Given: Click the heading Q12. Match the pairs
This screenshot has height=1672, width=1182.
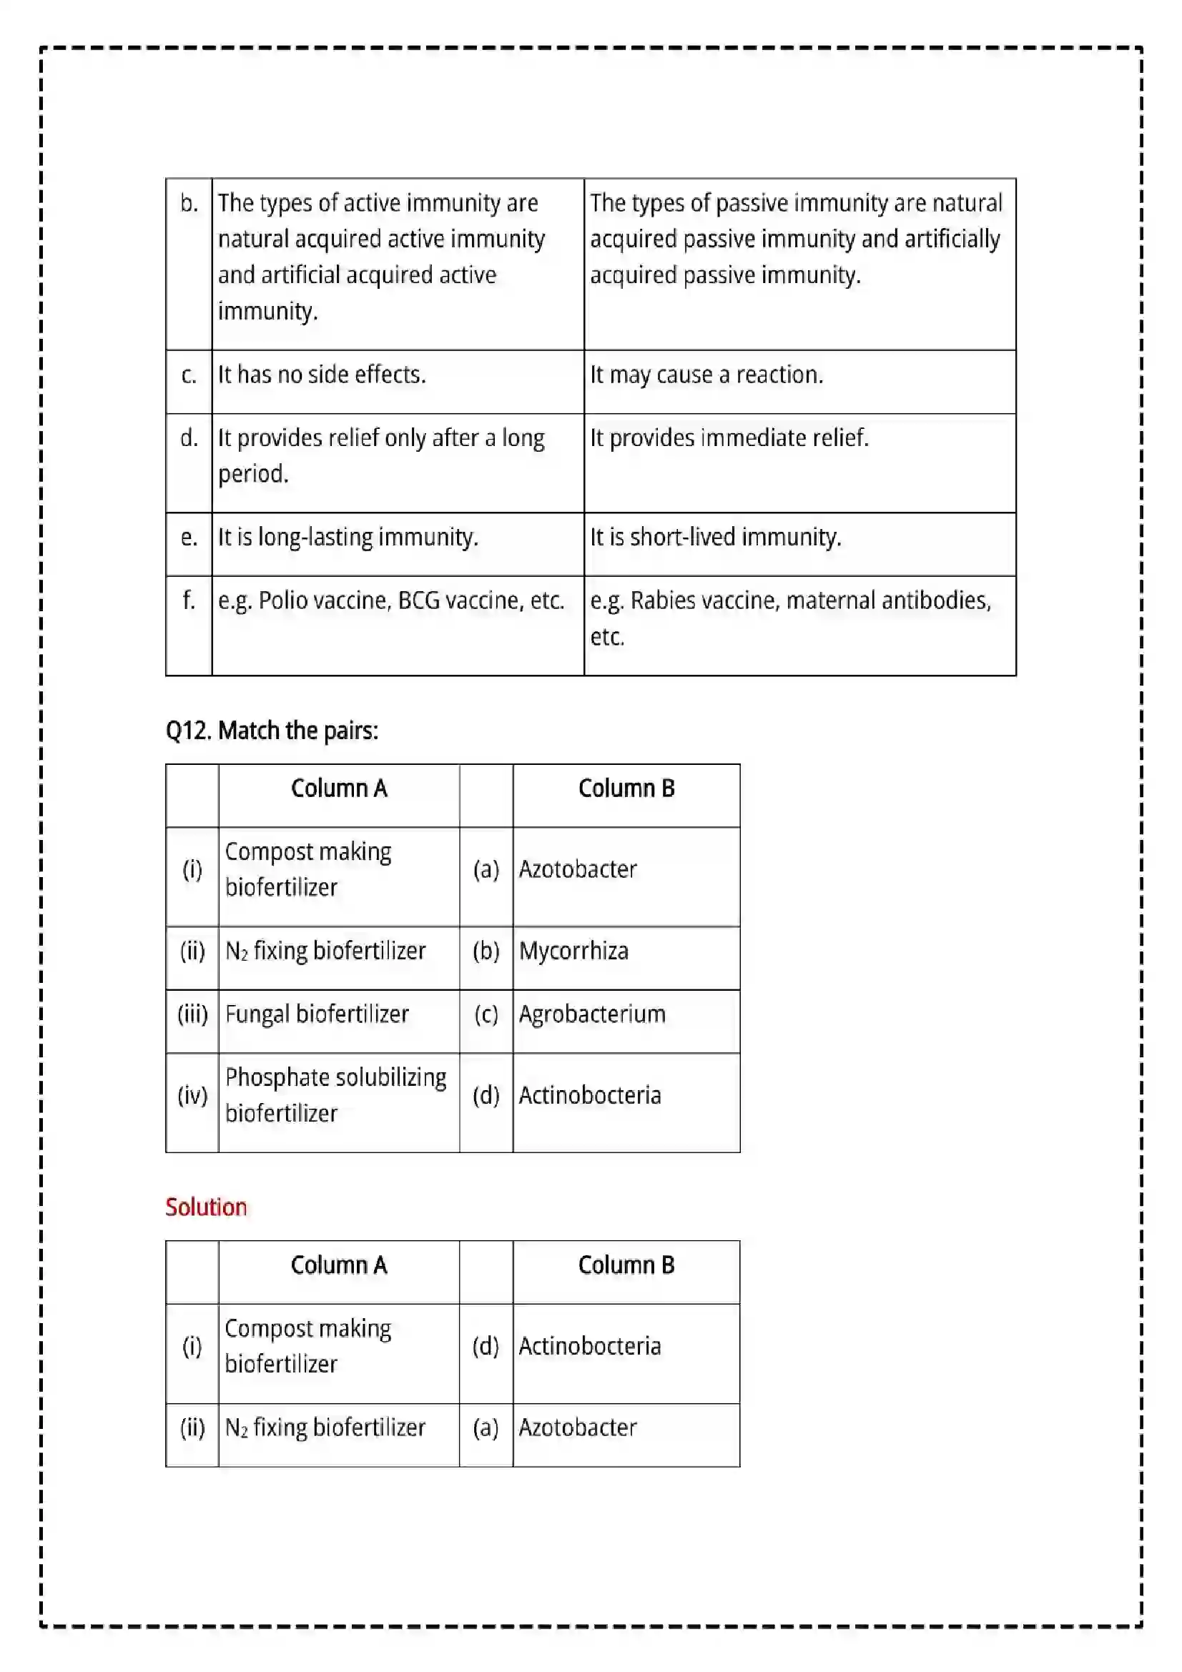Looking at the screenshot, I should pos(272,731).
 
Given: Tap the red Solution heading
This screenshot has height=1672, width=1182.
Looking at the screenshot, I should pos(206,1207).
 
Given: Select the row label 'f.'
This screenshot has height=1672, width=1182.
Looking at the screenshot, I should pos(189,600).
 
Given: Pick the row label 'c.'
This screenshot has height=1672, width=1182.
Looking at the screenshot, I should pos(189,375).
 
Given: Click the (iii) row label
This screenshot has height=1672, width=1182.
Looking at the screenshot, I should pos(192,1014).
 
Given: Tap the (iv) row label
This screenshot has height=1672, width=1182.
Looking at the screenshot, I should pos(192,1095).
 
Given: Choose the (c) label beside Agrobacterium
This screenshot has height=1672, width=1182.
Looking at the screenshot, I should pos(486,1014).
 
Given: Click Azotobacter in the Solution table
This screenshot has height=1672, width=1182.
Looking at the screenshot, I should pos(577,1428).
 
